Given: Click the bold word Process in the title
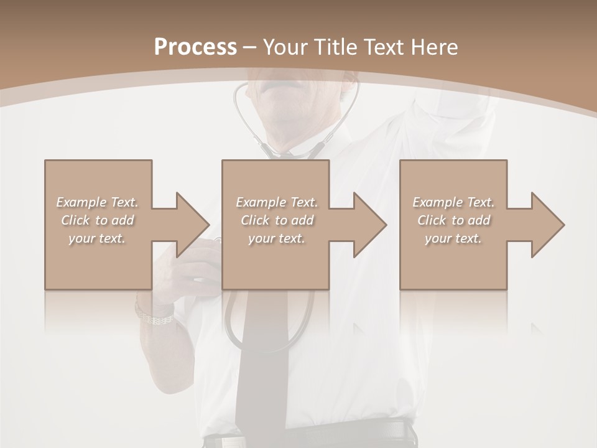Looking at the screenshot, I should pos(195,47).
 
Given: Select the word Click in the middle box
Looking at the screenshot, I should pos(254,220).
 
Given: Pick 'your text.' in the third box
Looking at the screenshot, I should pos(453,238).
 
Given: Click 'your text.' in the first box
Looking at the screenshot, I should pos(97,238).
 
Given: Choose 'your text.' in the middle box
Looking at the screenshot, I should pos(276,238).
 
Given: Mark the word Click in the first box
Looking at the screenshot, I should pos(75,220).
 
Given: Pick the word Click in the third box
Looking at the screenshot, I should pos(432,220).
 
